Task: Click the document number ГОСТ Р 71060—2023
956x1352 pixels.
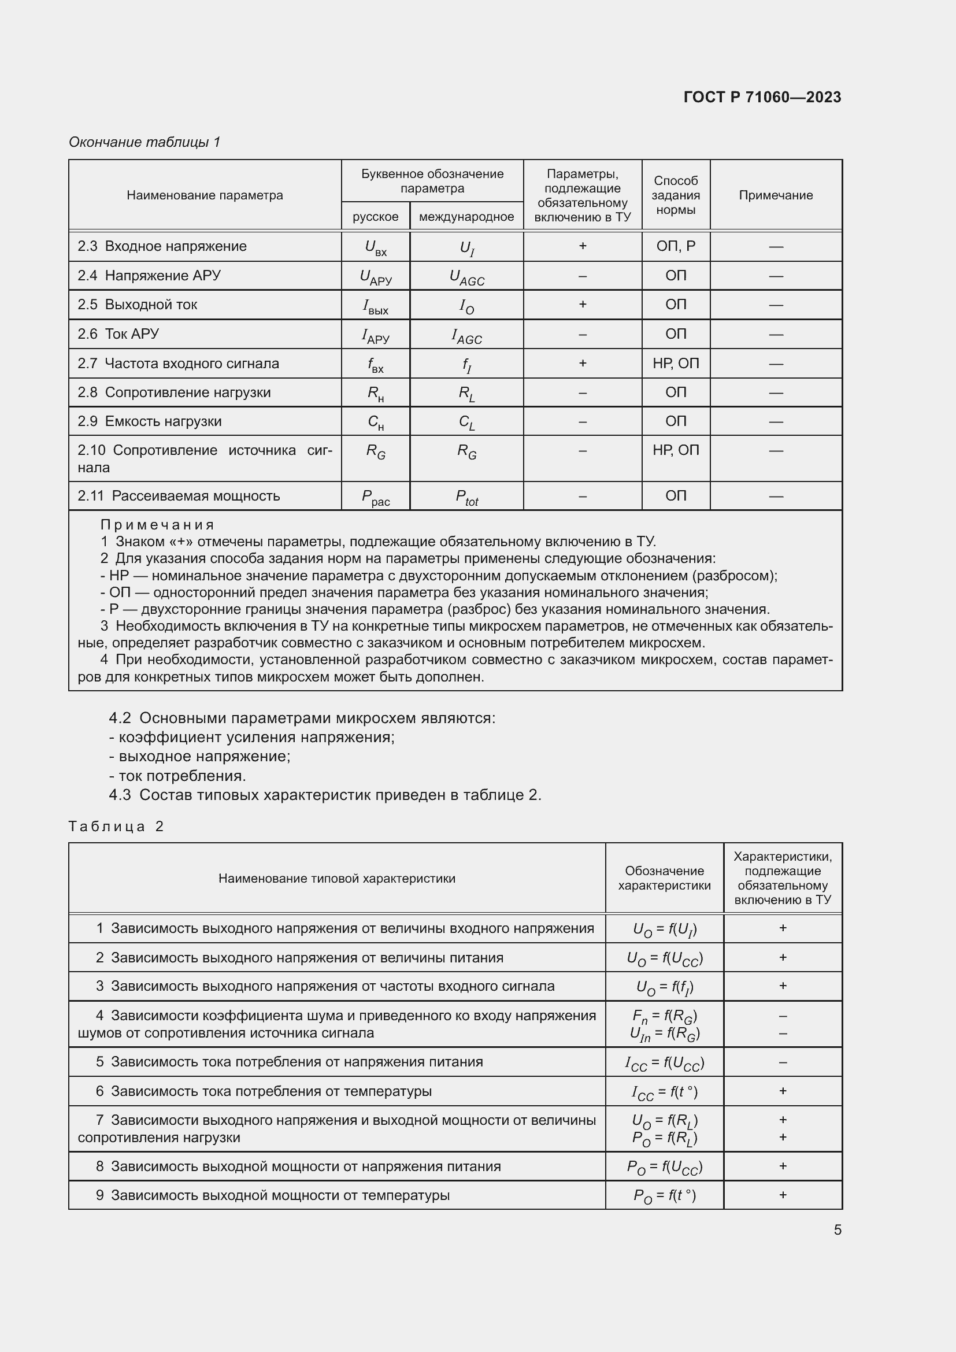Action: pyautogui.click(x=762, y=97)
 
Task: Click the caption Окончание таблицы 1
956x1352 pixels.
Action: pyautogui.click(x=144, y=142)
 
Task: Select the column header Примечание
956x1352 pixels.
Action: pyautogui.click(x=775, y=195)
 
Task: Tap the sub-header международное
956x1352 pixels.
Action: pyautogui.click(x=466, y=217)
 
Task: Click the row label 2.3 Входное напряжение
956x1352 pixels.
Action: pyautogui.click(x=162, y=246)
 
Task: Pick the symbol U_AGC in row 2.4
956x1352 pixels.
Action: pyautogui.click(x=466, y=277)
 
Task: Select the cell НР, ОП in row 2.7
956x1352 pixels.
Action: pyautogui.click(x=675, y=364)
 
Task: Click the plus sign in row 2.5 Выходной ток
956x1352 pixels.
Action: pyautogui.click(x=582, y=305)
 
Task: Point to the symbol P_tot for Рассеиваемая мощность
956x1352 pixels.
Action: pyautogui.click(x=466, y=497)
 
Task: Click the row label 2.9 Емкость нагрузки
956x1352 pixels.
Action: pyautogui.click(x=150, y=421)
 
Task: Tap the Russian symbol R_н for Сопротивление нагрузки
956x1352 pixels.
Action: pyautogui.click(x=376, y=394)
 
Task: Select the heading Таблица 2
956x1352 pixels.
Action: pyautogui.click(x=116, y=826)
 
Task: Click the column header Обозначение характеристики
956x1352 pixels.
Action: pyautogui.click(x=664, y=878)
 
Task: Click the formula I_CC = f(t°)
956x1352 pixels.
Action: pyautogui.click(x=664, y=1092)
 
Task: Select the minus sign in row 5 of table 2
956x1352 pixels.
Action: pyautogui.click(x=783, y=1062)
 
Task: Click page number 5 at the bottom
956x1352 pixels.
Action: pyautogui.click(x=837, y=1229)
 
